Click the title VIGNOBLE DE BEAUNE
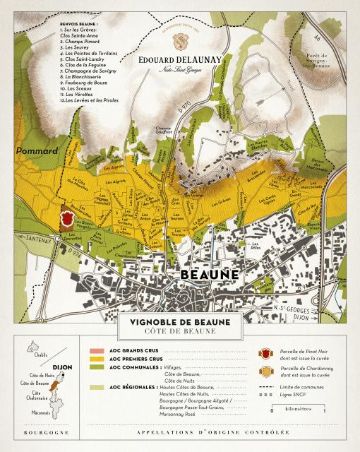(x=180, y=322)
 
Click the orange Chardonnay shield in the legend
(x=266, y=371)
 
